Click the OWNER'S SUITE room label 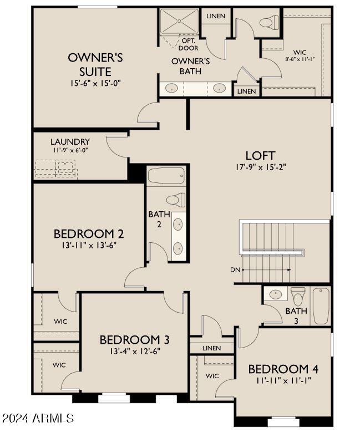click(x=95, y=64)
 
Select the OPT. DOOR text click(x=189, y=44)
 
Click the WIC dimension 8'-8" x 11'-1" click(x=300, y=58)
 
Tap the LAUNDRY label click(x=70, y=142)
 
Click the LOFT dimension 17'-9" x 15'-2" click(x=260, y=166)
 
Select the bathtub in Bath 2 click(x=166, y=176)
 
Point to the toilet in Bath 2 click(x=175, y=199)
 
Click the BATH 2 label click(x=155, y=218)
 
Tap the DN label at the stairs click(x=235, y=270)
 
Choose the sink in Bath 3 click(x=274, y=294)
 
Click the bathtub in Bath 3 click(x=321, y=306)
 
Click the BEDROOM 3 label click(x=134, y=339)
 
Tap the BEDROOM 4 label click(x=283, y=369)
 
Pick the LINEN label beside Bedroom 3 click(x=211, y=348)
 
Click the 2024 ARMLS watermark click(x=38, y=418)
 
